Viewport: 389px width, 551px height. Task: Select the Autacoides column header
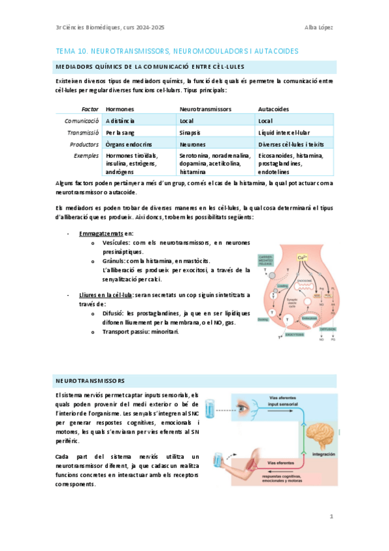pos(273,109)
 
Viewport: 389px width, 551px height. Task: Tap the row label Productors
pos(83,144)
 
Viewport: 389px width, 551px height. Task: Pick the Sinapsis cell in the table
pos(192,132)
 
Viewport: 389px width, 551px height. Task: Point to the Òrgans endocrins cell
pos(128,144)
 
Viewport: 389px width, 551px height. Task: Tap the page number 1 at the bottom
pos(331,517)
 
